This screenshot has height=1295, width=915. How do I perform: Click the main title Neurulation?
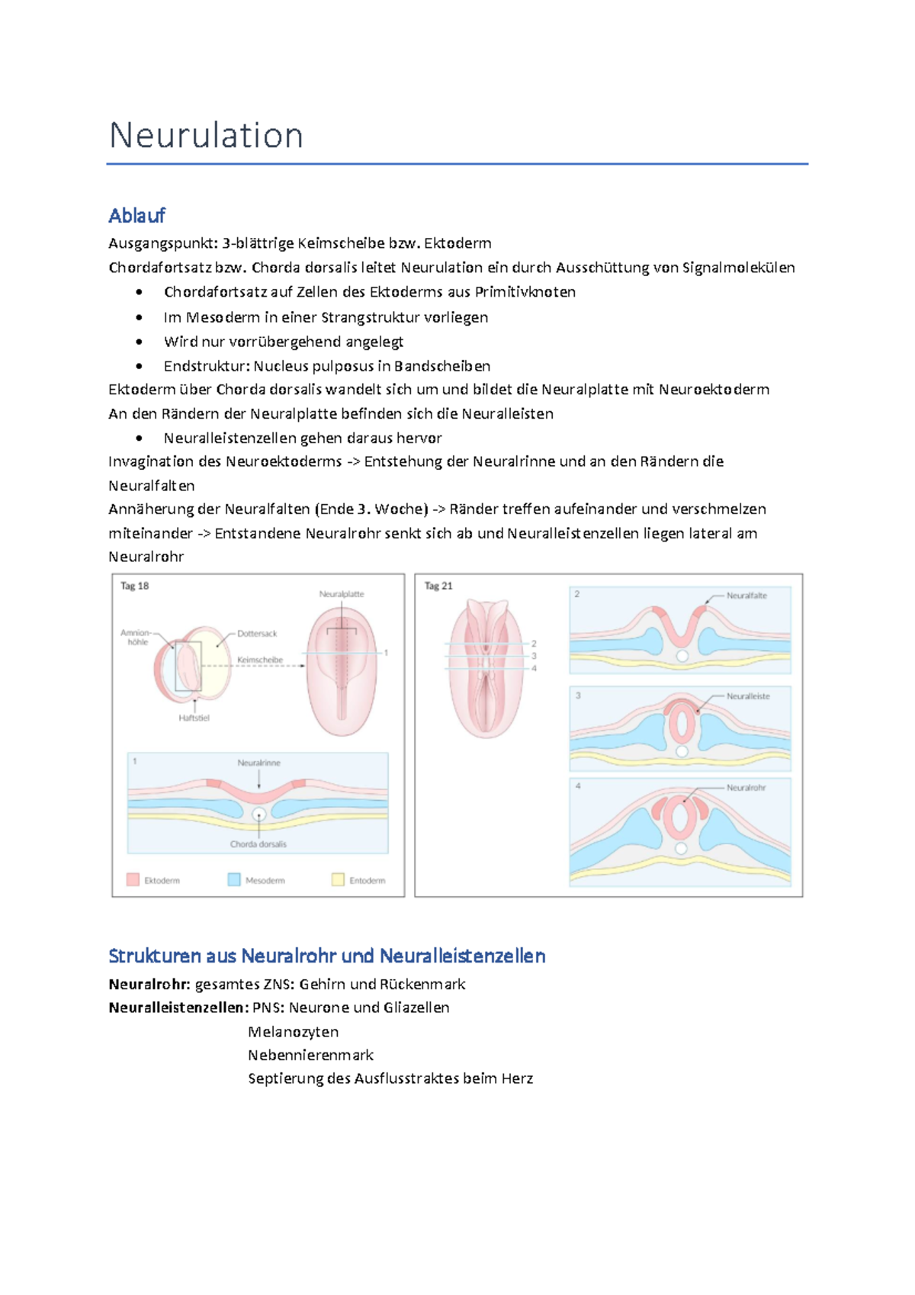(206, 136)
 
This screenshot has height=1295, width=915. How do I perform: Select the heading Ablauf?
(136, 216)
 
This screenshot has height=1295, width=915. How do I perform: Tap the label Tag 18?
(134, 586)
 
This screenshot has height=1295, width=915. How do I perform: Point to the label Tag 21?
(438, 586)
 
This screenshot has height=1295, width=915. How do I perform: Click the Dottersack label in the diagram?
(257, 634)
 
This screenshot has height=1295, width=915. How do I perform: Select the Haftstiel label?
(194, 718)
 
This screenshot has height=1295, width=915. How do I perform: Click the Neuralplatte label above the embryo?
(341, 593)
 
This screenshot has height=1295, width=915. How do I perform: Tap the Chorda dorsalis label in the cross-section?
(258, 844)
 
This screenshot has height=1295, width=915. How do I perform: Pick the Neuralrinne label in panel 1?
(258, 763)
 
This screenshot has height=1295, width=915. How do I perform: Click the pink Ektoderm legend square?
(133, 879)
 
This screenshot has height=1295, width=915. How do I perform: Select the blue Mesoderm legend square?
(234, 879)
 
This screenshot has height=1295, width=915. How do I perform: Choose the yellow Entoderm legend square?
(338, 879)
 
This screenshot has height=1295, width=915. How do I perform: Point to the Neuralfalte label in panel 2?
(746, 596)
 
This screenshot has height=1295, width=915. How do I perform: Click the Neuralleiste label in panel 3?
(748, 696)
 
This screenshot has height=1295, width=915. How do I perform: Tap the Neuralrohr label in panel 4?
(746, 787)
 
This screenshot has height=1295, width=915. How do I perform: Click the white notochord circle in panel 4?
(681, 848)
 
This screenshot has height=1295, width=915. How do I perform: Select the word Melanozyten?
(293, 1032)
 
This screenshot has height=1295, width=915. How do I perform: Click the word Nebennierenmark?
(310, 1056)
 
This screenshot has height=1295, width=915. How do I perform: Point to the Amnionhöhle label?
(136, 638)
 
